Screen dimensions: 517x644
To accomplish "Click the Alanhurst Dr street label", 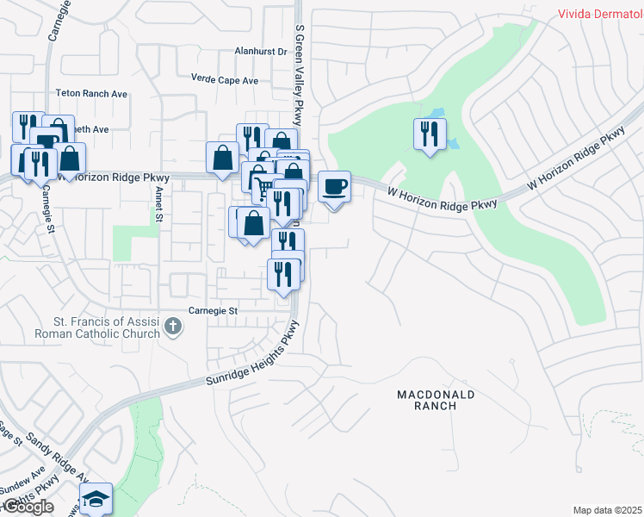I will tap(261, 52).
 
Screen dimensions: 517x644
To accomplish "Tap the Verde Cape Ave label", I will tap(226, 81).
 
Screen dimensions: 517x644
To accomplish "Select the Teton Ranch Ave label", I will tap(91, 93).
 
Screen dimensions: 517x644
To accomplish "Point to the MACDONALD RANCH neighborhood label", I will tap(436, 400).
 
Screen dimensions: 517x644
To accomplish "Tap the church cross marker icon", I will tap(173, 327).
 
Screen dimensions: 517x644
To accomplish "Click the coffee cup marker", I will tap(335, 186).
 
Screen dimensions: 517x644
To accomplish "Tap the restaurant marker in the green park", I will tap(429, 134).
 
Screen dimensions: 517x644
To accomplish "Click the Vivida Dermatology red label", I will tap(600, 14).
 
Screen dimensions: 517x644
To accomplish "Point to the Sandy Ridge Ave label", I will tap(57, 458).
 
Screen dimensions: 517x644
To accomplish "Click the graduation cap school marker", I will tap(96, 499).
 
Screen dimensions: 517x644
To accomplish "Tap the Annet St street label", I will tap(159, 206).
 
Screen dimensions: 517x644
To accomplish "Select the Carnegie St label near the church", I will tap(213, 310).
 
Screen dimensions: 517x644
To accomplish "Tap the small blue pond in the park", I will tap(439, 116).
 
